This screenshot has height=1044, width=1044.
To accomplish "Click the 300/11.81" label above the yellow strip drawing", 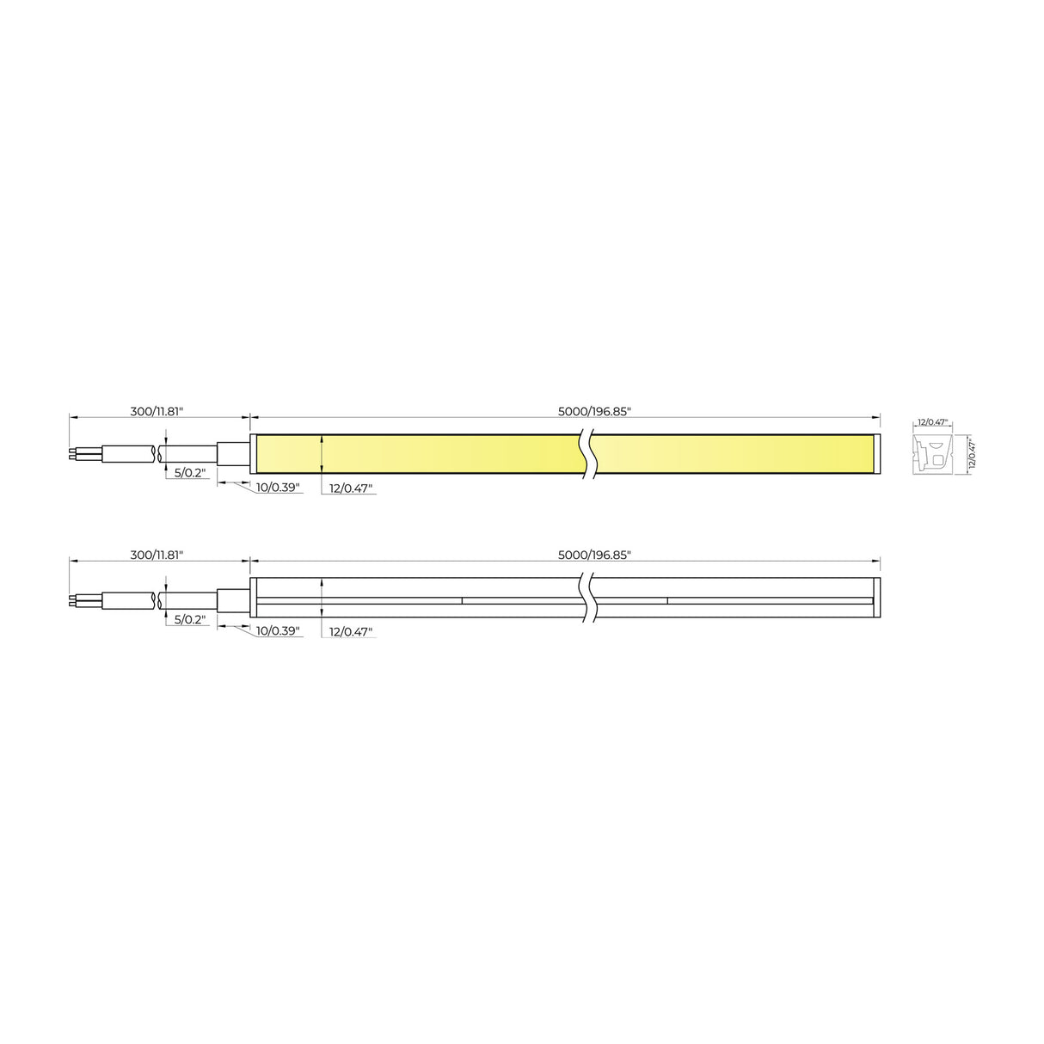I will click(157, 411).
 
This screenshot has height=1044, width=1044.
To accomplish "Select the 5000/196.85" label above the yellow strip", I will click(594, 411).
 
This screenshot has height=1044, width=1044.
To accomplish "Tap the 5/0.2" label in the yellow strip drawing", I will click(190, 473).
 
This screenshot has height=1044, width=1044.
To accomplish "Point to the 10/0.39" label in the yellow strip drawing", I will click(278, 488).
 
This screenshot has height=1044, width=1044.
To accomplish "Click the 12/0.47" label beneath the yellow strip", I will click(352, 488).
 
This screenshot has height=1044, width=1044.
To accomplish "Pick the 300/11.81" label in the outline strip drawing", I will click(157, 556).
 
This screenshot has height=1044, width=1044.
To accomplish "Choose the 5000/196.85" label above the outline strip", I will click(594, 556).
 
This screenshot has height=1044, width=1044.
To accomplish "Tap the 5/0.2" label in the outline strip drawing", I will click(190, 618).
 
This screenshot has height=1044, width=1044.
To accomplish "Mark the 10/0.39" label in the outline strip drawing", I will click(278, 632).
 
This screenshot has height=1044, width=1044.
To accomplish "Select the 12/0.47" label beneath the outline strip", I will click(352, 632).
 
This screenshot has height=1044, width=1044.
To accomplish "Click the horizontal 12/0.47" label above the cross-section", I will click(931, 422).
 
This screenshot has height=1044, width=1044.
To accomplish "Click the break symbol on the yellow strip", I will click(588, 454).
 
